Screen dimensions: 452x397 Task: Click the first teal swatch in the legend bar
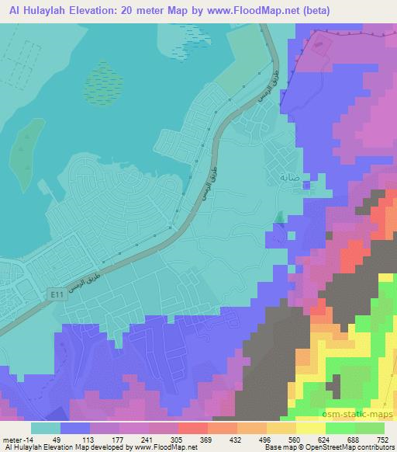pyautogui.click(x=47, y=428)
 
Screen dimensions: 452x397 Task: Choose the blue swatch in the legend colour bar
pyautogui.click(x=75, y=428)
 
